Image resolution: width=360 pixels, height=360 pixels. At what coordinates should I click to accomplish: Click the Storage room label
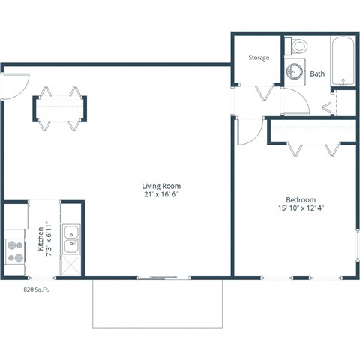pyautogui.click(x=259, y=58)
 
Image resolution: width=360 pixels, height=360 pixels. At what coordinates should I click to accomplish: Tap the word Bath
pyautogui.click(x=317, y=73)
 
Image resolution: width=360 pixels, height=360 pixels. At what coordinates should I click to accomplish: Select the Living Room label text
pyautogui.click(x=161, y=186)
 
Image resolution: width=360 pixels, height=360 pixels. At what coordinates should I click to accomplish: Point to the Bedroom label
pyautogui.click(x=300, y=200)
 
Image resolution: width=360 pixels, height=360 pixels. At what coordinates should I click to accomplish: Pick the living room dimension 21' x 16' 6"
pyautogui.click(x=161, y=194)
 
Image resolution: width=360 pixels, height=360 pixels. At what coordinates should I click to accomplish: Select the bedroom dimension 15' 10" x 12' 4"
pyautogui.click(x=300, y=208)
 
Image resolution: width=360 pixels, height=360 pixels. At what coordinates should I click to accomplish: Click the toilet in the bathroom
pyautogui.click(x=298, y=46)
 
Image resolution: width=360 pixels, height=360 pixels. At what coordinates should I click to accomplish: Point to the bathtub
pyautogui.click(x=343, y=60)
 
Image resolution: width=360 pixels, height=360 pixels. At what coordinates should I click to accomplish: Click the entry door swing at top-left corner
pyautogui.click(x=16, y=84)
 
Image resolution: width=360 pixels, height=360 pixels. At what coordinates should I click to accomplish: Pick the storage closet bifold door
pyautogui.click(x=264, y=95)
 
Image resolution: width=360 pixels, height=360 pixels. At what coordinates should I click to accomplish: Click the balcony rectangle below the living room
pyautogui.click(x=157, y=303)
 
